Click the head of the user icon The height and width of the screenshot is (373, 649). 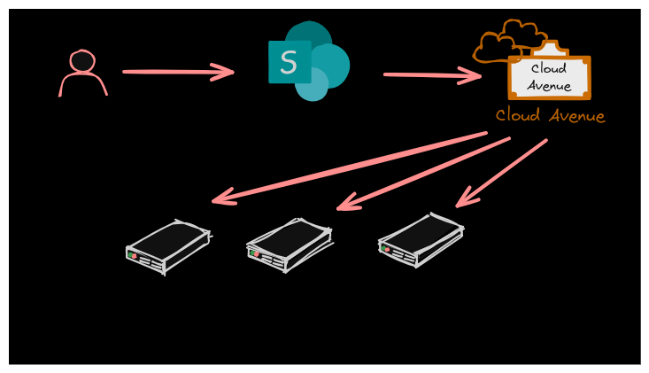click(82, 60)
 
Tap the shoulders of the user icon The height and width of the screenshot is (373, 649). click(83, 85)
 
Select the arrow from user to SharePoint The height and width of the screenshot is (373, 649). click(177, 72)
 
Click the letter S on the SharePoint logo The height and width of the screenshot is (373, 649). click(289, 62)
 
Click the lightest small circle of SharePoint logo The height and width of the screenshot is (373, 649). click(312, 85)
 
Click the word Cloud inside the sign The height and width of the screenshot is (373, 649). click(549, 68)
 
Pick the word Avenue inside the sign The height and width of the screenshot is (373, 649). click(549, 86)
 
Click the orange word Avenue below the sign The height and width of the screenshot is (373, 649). click(577, 116)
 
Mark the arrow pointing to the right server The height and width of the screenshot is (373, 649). click(501, 174)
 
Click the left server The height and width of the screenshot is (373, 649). click(167, 245)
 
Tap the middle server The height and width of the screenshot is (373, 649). click(289, 243)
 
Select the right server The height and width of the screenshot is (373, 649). click(421, 238)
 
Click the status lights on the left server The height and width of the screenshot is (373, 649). click(133, 255)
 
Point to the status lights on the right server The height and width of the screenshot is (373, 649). click(385, 249)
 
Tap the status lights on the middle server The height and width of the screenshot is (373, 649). click(254, 253)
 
